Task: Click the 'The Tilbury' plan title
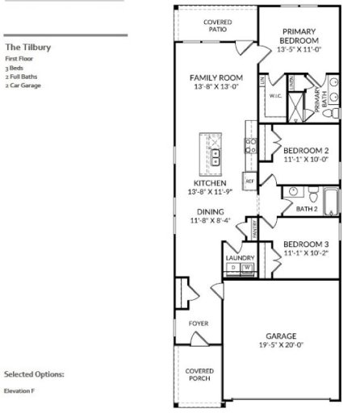tap(28, 48)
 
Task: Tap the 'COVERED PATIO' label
tap(216, 26)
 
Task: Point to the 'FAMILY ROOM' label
tap(211, 78)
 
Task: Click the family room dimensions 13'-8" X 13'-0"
tap(211, 87)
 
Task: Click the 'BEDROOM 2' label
tap(306, 151)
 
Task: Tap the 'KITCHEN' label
tap(209, 183)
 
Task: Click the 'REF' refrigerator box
tap(249, 181)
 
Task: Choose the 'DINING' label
tap(209, 211)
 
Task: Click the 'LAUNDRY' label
tap(240, 257)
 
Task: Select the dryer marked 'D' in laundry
tap(233, 267)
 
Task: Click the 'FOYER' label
tap(199, 323)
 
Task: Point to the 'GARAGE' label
tap(281, 336)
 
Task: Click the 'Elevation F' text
tap(19, 391)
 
